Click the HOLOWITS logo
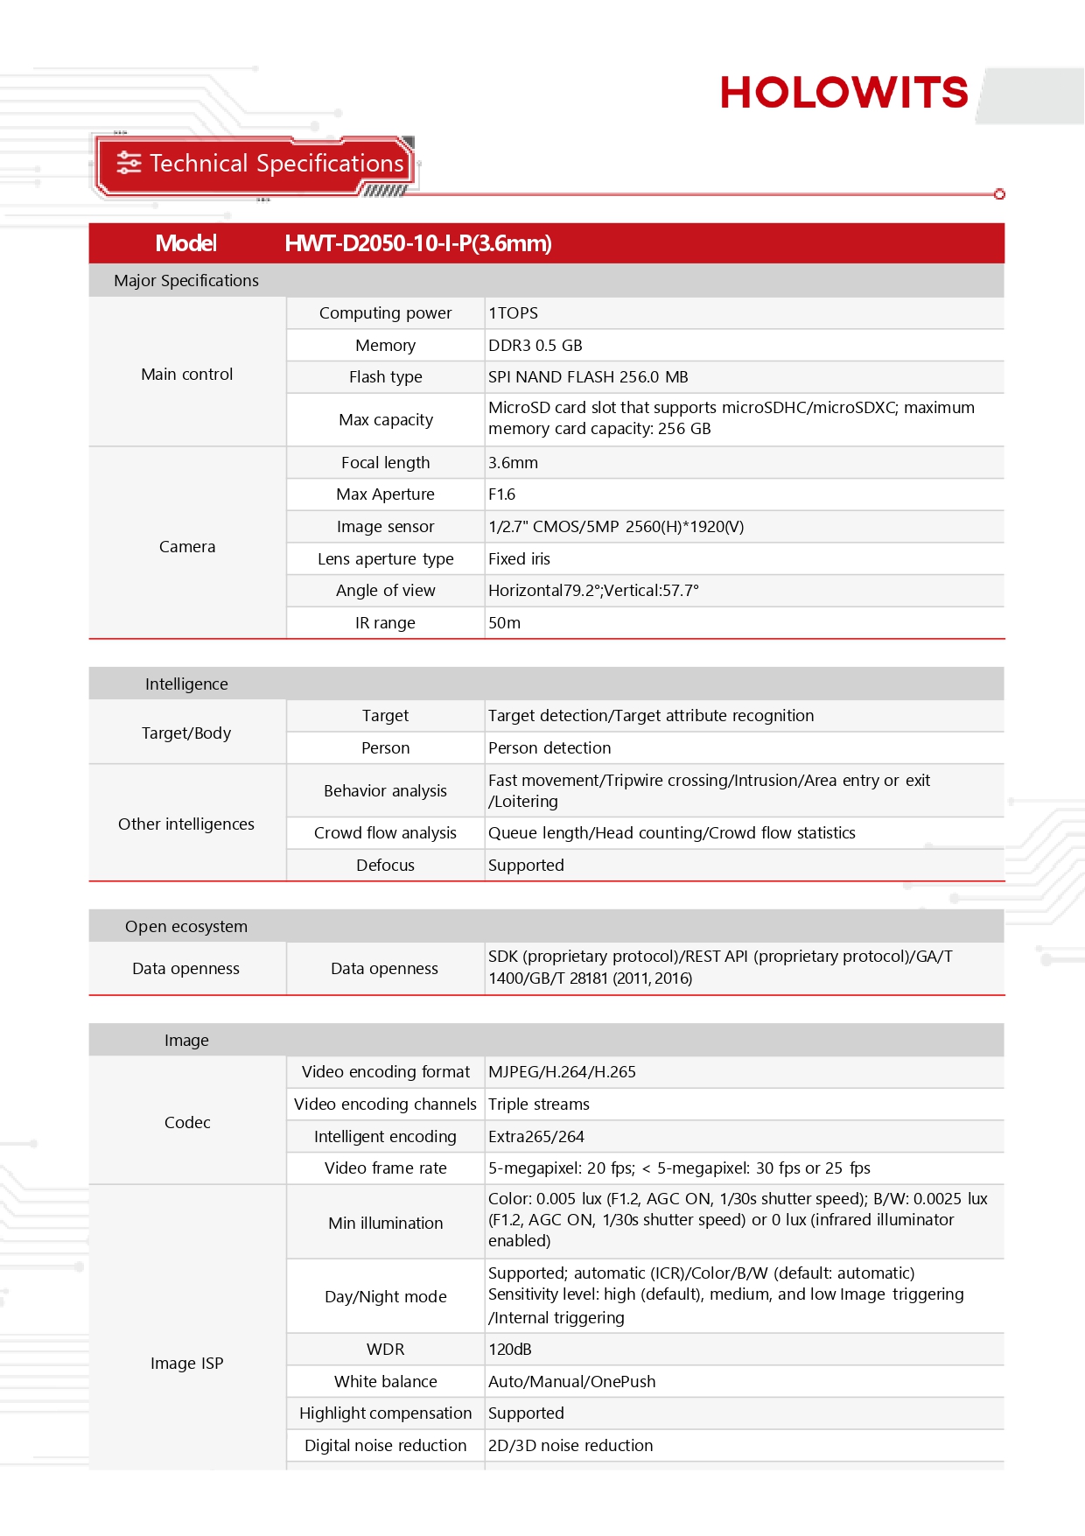[843, 93]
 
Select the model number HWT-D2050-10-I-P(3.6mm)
[418, 243]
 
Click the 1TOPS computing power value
[514, 313]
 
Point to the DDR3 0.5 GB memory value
[535, 346]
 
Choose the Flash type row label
[385, 377]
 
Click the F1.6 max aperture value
[502, 494]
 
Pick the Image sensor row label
[385, 527]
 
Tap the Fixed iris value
[520, 559]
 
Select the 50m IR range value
[505, 623]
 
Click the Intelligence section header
[186, 684]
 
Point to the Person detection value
[549, 748]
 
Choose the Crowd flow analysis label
[385, 833]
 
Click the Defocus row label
[385, 866]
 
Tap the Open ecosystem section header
[186, 927]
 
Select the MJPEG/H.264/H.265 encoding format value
[562, 1072]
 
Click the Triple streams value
[539, 1105]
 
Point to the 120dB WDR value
[510, 1350]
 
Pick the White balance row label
[385, 1382]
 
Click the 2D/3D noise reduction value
[570, 1446]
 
